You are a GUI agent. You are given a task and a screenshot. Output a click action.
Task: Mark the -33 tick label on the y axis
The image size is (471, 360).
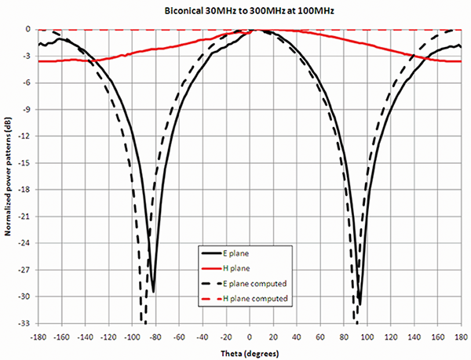24,323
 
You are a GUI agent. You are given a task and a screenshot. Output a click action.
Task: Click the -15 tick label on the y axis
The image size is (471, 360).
24,163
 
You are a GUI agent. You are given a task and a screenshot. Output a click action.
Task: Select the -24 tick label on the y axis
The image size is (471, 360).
24,243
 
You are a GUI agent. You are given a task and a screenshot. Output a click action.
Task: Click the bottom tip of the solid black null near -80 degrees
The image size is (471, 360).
153,291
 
